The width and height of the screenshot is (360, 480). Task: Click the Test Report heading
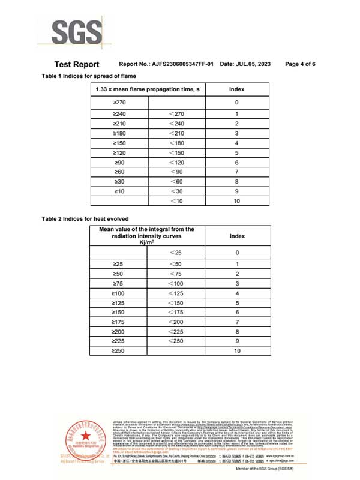(x=77, y=64)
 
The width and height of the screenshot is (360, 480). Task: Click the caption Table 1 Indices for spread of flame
(x=88, y=76)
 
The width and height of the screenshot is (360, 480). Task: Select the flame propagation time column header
(x=147, y=89)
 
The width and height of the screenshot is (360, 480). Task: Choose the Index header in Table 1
(x=237, y=89)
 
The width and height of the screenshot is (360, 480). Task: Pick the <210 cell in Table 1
(x=176, y=133)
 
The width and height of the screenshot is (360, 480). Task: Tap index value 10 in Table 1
(x=237, y=201)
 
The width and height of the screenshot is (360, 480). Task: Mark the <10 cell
(x=176, y=201)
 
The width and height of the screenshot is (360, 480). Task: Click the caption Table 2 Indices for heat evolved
(x=85, y=218)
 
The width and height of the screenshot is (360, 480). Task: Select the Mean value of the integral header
(x=147, y=236)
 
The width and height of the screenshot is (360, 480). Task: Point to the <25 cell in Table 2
(x=176, y=253)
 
